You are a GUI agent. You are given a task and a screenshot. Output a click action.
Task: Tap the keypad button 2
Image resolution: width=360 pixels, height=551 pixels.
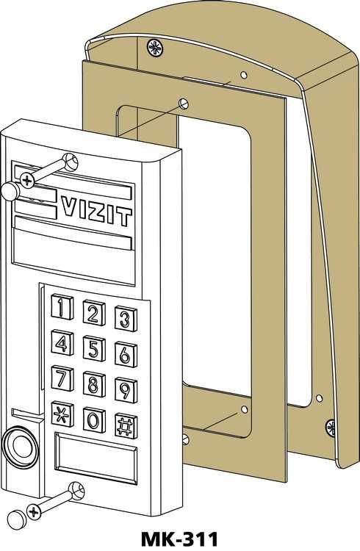94,313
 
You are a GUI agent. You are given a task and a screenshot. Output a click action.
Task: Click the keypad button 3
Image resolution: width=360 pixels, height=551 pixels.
126,319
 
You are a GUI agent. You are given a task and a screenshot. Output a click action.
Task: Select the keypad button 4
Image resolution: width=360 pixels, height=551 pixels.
62,343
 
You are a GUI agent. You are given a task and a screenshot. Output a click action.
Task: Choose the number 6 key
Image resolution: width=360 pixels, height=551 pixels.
126,355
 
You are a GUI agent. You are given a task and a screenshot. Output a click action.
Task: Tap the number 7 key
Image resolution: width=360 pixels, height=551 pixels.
62,378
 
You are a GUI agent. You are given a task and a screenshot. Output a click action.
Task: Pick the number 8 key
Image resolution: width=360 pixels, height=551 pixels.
94,384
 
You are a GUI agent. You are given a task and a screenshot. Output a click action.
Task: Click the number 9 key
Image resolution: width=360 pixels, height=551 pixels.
126,390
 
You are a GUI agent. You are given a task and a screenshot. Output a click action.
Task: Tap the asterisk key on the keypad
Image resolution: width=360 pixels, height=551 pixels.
62,414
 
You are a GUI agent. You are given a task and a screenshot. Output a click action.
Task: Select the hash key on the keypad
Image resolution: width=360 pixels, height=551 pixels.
126,426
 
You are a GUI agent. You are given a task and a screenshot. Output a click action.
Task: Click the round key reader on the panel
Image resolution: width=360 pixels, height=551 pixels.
21,447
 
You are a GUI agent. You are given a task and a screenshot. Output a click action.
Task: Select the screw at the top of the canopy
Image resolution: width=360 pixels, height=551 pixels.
155,48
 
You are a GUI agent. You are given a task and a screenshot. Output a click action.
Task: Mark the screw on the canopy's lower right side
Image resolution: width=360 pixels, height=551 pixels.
331,428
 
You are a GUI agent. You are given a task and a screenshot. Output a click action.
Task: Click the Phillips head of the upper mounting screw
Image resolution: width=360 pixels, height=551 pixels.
27,180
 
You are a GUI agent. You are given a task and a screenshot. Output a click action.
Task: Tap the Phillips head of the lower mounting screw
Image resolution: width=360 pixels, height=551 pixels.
34,511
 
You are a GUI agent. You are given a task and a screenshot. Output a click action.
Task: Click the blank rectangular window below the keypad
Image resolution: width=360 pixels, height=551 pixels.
96,458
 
